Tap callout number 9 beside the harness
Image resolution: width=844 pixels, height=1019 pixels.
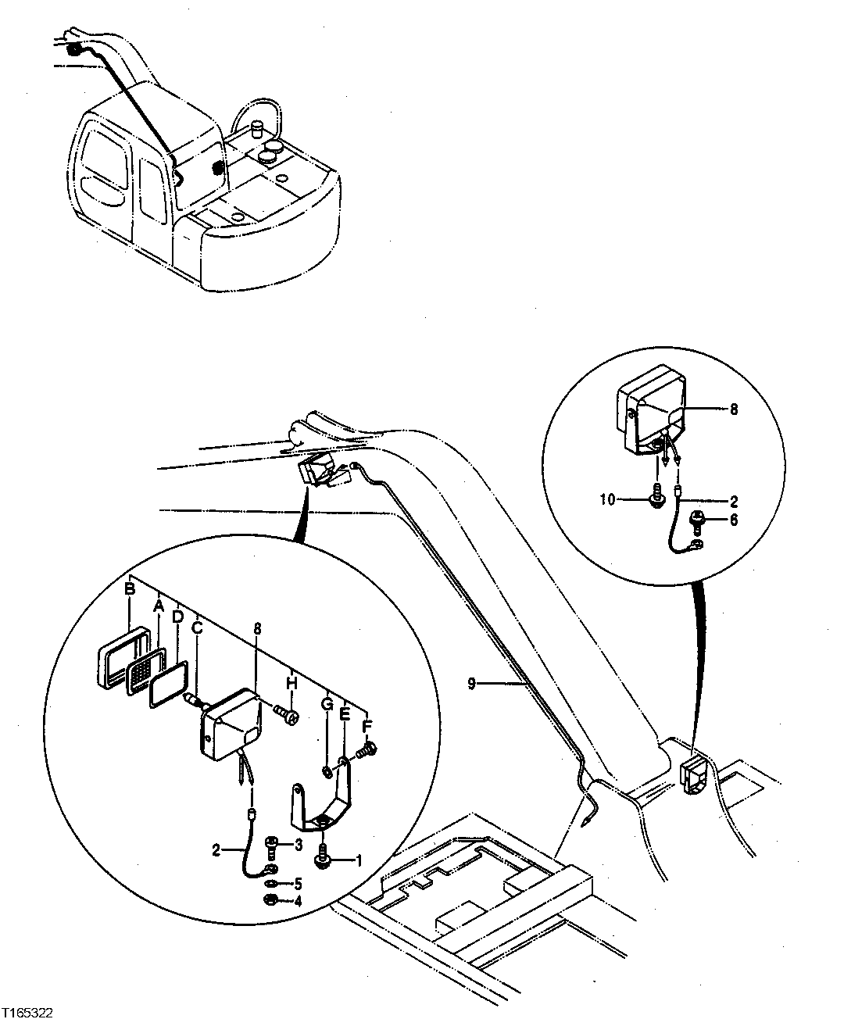[471, 684]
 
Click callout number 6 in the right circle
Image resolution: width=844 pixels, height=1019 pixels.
[734, 519]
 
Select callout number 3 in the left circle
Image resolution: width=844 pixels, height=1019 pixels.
[298, 845]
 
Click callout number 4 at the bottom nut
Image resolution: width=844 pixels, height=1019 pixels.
[298, 901]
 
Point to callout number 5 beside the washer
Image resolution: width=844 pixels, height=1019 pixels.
[298, 885]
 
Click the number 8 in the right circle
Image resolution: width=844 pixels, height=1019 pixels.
[733, 408]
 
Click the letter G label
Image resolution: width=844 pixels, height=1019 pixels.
[327, 705]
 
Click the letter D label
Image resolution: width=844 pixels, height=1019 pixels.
[177, 617]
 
